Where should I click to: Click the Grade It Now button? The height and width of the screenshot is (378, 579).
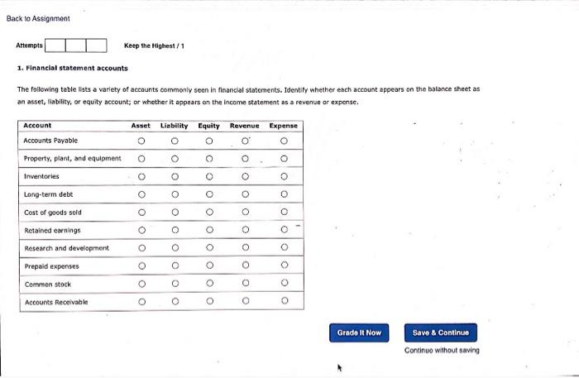pos(359,333)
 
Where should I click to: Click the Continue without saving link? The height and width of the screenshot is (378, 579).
pos(442,350)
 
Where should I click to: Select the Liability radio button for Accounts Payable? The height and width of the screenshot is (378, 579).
pos(175,141)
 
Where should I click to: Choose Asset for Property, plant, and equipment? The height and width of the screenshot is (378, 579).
pos(141,159)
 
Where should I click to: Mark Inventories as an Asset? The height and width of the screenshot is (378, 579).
pos(141,176)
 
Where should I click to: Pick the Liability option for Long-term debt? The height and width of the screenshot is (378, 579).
pos(175,194)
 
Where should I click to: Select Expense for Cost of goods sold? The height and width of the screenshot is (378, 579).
pos(284,213)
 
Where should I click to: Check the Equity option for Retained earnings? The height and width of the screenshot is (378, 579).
pos(208,230)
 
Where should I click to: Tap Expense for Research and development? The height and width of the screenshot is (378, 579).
pos(284,248)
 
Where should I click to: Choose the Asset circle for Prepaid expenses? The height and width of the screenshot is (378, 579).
pos(141,266)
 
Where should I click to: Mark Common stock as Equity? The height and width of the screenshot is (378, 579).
pos(208,284)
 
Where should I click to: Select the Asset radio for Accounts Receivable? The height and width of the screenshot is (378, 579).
pos(141,302)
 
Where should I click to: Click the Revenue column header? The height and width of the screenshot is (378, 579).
pos(244,126)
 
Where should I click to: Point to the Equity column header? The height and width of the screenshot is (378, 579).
pos(208,126)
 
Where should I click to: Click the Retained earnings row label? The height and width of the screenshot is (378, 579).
pos(52,230)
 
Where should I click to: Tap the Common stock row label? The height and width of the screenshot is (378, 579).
pos(47,284)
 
